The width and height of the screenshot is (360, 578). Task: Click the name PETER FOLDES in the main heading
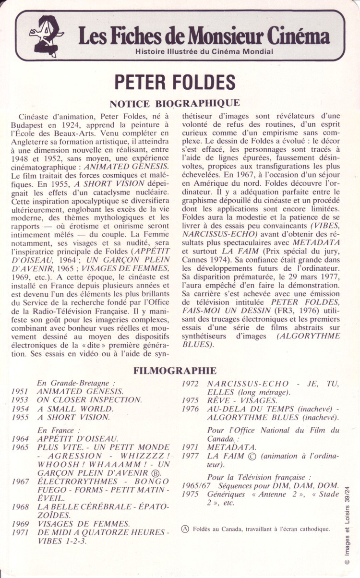(175, 82)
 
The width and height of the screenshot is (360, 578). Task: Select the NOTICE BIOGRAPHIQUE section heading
(175, 103)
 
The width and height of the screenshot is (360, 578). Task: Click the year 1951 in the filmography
(20, 391)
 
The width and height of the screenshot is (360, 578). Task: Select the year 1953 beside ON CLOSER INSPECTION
(20, 400)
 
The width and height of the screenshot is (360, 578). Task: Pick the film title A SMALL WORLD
(75, 409)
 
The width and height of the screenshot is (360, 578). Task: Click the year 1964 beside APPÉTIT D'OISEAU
(20, 439)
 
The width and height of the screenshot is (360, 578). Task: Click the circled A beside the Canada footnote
(185, 529)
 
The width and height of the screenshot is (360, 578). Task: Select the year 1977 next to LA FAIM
(191, 457)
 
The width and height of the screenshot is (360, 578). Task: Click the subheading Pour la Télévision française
(259, 477)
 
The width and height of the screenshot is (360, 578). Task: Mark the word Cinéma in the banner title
(299, 36)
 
